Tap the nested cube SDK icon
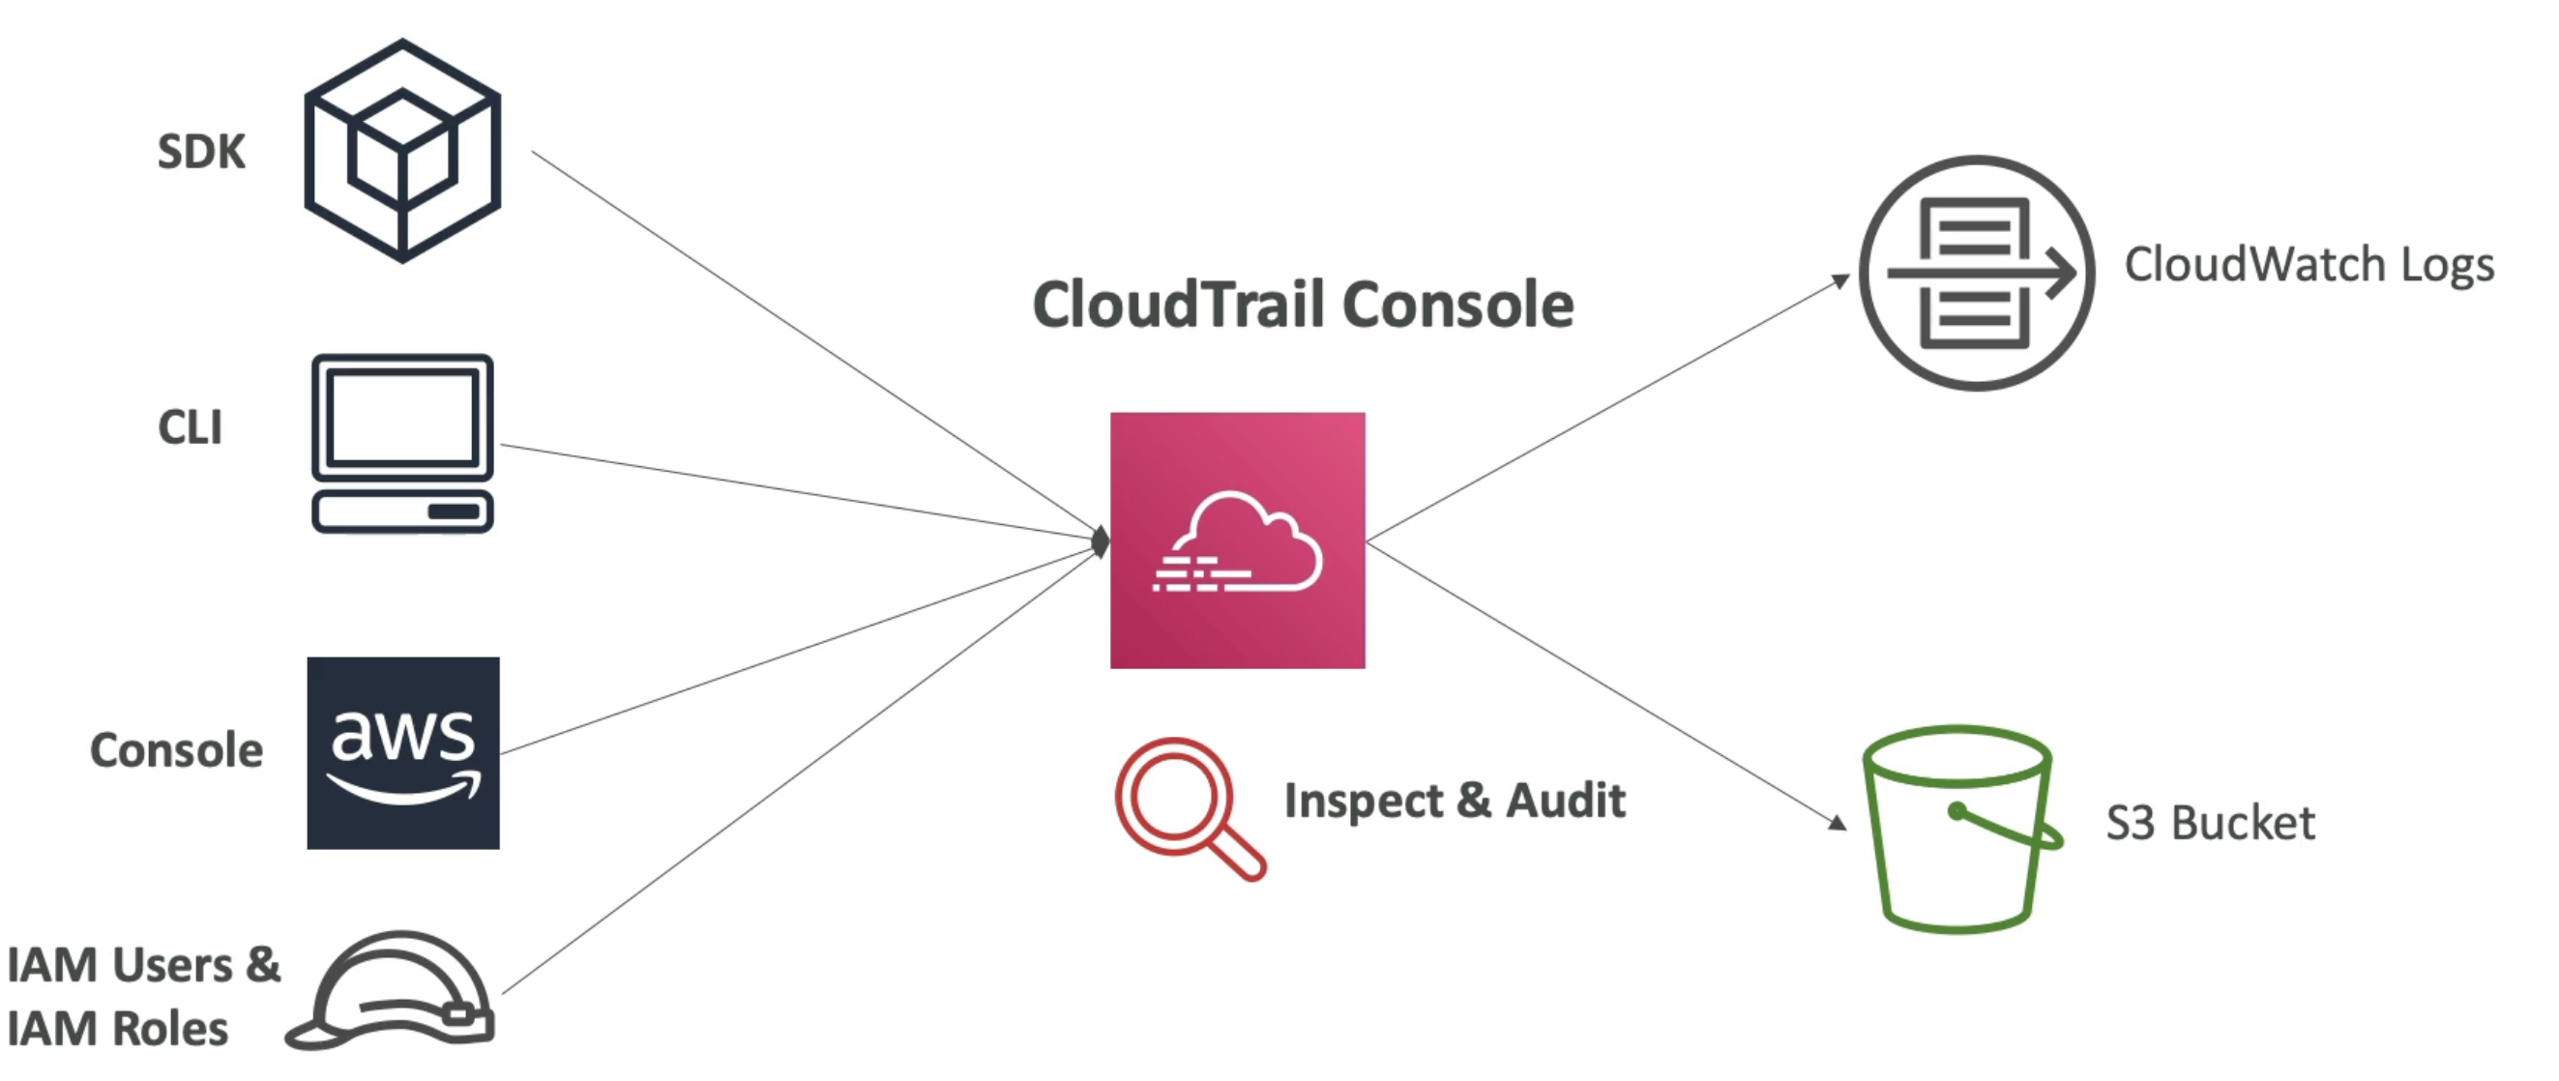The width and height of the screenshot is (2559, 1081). (401, 151)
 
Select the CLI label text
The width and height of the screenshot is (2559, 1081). (190, 427)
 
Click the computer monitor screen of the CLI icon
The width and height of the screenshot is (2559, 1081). (402, 418)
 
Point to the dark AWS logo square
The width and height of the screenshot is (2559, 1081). (402, 752)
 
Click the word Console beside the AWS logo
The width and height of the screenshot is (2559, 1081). (177, 750)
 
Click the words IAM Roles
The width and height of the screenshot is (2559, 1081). (117, 1029)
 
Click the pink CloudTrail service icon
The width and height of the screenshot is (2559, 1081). (1237, 540)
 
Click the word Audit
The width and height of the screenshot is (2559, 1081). (1566, 800)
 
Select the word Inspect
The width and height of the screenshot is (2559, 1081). (1362, 802)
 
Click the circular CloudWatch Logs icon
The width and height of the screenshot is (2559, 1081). (1976, 273)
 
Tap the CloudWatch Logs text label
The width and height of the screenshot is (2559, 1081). (2309, 265)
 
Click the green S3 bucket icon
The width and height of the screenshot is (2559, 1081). (1957, 830)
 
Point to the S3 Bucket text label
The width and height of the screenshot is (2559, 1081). (2209, 823)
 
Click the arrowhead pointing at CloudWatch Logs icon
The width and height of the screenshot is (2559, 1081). (1840, 281)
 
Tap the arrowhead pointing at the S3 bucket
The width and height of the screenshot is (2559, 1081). (1838, 822)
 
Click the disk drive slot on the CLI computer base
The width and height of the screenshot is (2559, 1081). (453, 511)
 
